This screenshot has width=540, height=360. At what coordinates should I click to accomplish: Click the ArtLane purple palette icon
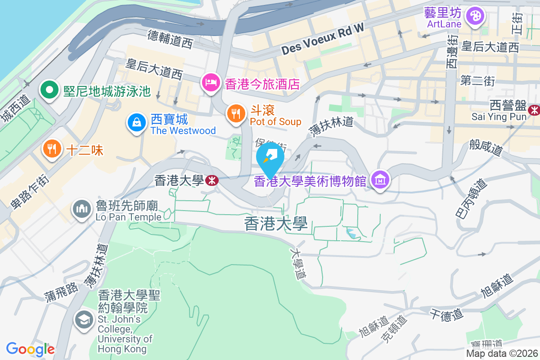pos(475,17)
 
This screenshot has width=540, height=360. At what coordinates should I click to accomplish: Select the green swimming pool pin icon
pos(49,90)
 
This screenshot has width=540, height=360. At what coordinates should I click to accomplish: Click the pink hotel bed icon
pos(210,83)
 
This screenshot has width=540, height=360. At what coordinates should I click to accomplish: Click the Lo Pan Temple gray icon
pos(81,209)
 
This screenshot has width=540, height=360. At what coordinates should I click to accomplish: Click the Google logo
pos(30,349)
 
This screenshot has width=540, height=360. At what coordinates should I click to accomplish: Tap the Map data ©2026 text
pos(501,354)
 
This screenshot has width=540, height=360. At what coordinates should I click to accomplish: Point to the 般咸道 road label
pos(486,147)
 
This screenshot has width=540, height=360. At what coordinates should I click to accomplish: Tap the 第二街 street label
pos(477,81)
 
